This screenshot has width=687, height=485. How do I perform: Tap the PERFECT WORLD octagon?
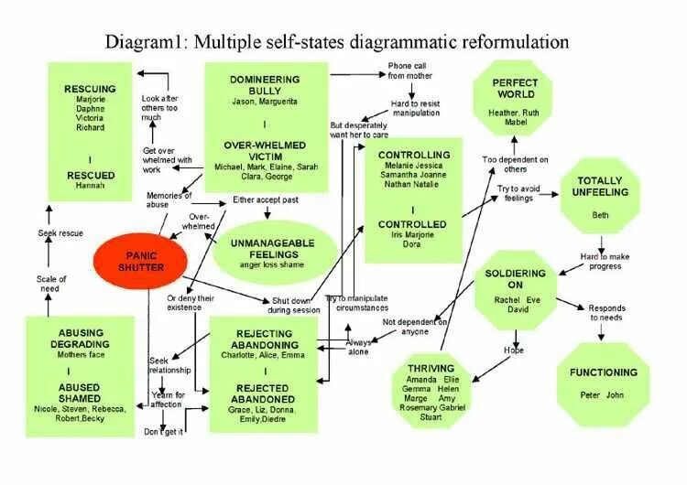coord(515,96)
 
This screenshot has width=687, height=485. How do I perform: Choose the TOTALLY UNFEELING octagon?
coord(600,194)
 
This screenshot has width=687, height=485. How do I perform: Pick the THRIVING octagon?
coord(424,392)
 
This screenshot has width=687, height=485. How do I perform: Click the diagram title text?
coord(337,41)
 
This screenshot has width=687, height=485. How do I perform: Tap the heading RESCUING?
coord(90,89)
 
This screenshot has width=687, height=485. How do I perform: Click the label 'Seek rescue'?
coord(60,233)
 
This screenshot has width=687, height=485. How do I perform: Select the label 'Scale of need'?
coord(52,284)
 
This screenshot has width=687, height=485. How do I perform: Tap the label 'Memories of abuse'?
coord(169,199)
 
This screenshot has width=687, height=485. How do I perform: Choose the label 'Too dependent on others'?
coord(516,164)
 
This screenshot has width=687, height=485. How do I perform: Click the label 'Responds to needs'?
coord(607,313)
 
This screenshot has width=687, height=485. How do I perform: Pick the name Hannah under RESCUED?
coord(90,185)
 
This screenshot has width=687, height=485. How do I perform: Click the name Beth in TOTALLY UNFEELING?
coord(600,213)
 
